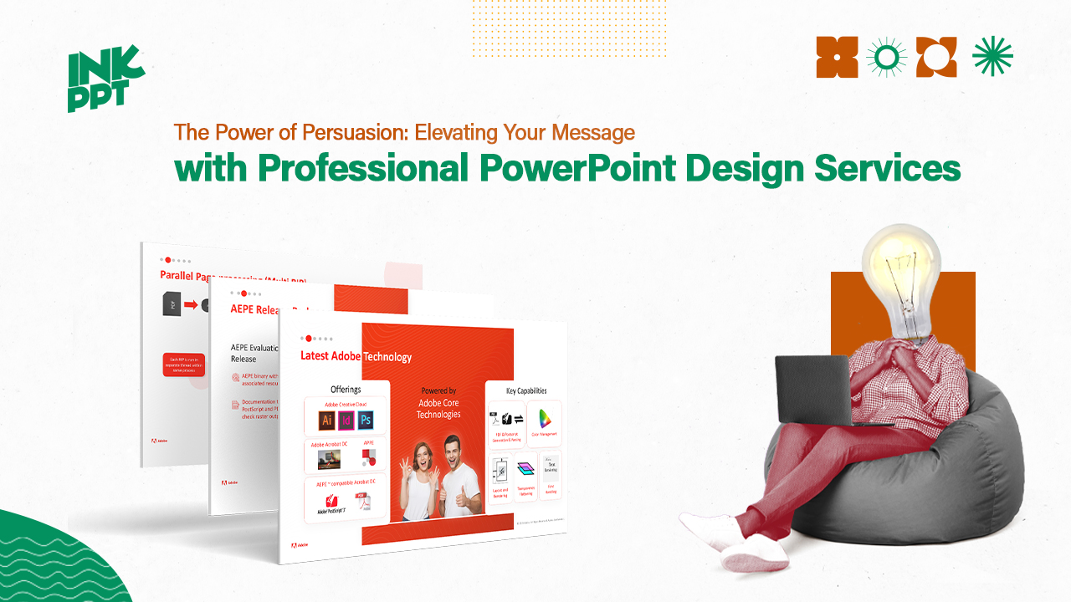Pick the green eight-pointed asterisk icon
point(992,57)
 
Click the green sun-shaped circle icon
point(887,57)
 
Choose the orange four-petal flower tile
point(837,57)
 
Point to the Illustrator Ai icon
point(327,420)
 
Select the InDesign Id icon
point(346,420)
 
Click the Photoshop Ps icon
point(366,420)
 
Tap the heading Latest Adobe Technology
point(356,356)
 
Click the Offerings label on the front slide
point(346,389)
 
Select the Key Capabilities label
point(526,390)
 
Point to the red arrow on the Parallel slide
point(191,305)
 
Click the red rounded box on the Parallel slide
point(183,365)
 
